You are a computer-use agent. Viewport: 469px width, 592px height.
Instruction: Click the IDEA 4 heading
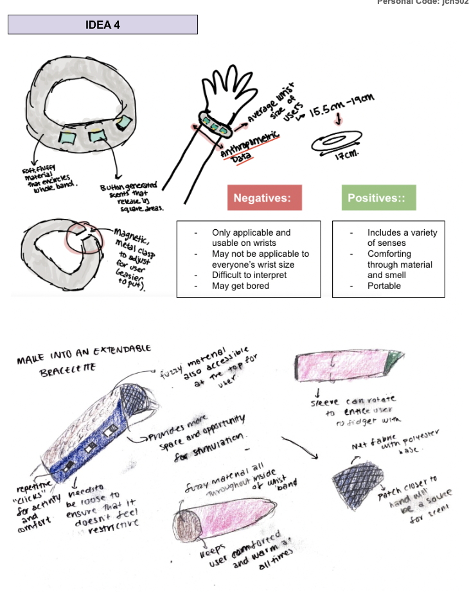[102, 25]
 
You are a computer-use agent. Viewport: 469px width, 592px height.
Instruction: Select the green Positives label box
[378, 198]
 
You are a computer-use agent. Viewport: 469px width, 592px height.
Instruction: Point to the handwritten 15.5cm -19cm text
[342, 107]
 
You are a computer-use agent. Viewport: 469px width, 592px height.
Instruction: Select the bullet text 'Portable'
[384, 286]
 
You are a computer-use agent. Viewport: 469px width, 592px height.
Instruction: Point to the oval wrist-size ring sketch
[337, 141]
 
